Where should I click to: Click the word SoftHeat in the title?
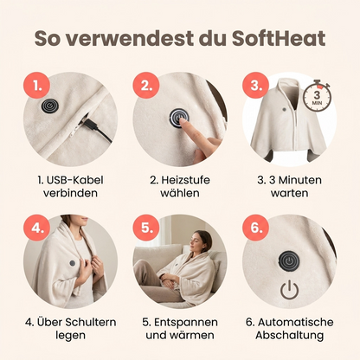point(279,38)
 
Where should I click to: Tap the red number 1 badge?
point(37,86)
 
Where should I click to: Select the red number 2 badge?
point(146,86)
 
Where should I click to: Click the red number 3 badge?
point(256,86)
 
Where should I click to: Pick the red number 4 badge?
point(37,228)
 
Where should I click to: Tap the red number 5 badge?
point(146,228)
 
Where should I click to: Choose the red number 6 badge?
point(256,228)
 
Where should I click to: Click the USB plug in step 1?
point(88,125)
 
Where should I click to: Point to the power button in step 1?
point(49,106)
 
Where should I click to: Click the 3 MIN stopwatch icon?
point(317,95)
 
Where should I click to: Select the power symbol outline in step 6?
point(289,290)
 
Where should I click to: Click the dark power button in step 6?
point(289,260)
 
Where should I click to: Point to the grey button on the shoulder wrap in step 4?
point(73,263)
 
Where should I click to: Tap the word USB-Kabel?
point(74,180)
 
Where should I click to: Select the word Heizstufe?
point(185,180)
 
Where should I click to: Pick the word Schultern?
point(91,322)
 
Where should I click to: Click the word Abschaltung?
point(289,335)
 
